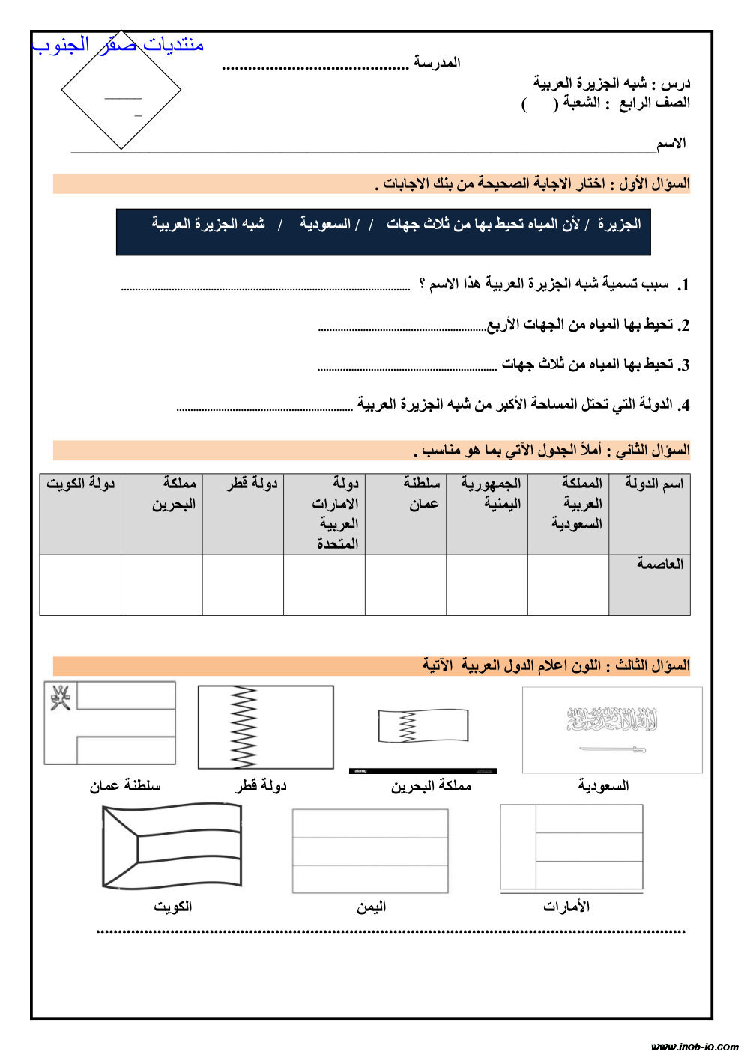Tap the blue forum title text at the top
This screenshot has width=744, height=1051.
pyautogui.click(x=118, y=45)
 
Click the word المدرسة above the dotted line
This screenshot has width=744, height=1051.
pyautogui.click(x=437, y=63)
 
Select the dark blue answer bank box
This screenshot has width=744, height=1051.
pyautogui.click(x=383, y=232)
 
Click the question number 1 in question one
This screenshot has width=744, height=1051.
pyautogui.click(x=683, y=285)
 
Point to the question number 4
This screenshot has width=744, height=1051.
pyautogui.click(x=683, y=406)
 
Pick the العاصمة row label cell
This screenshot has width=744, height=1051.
pyautogui.click(x=650, y=585)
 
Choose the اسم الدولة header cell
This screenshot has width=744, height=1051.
pyautogui.click(x=650, y=514)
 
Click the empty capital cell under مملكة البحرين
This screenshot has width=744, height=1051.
pyautogui.click(x=162, y=585)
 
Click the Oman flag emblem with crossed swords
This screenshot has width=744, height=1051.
pyautogui.click(x=60, y=697)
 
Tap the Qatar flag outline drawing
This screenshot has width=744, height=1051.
pyautogui.click(x=265, y=727)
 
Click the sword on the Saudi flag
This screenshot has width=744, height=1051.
pyautogui.click(x=612, y=749)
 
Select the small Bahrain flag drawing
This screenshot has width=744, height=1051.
pyautogui.click(x=423, y=726)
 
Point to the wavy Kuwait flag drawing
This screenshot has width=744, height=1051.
pyautogui.click(x=172, y=846)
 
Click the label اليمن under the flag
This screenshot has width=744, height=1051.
pyautogui.click(x=371, y=907)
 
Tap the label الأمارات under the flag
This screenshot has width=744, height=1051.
pyautogui.click(x=566, y=907)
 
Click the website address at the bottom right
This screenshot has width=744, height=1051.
pyautogui.click(x=694, y=1046)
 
